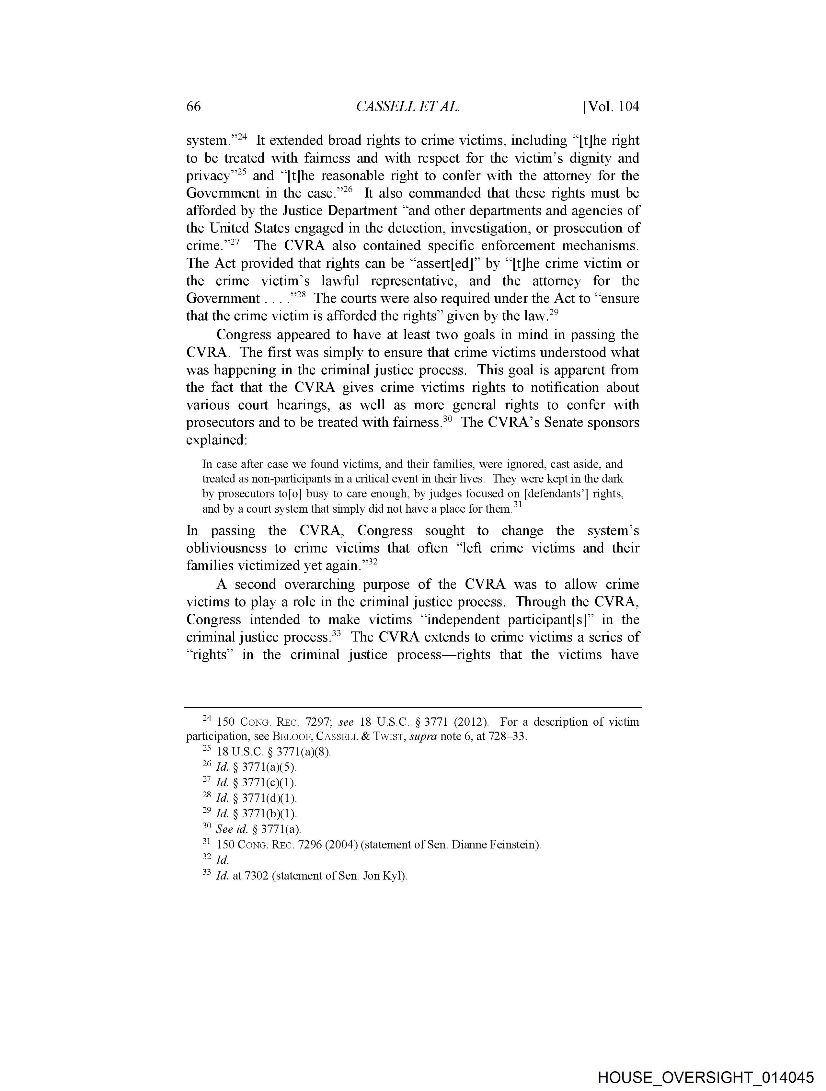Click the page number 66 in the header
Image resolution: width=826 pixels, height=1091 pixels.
193,107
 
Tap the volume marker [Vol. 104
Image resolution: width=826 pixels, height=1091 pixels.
611,107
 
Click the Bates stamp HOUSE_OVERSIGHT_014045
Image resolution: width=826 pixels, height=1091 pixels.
706,1077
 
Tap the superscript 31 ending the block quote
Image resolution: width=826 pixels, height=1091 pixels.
518,505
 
